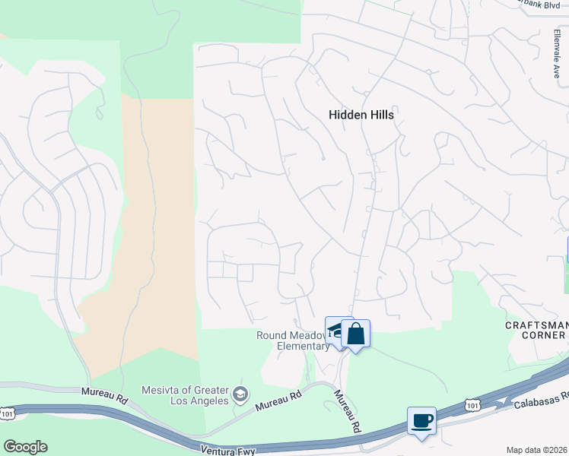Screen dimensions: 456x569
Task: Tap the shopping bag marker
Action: (x=355, y=334)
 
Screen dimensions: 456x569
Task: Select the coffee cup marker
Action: (x=421, y=420)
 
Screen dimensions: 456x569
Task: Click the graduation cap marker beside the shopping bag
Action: (x=335, y=330)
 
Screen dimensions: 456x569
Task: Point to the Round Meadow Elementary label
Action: (x=292, y=340)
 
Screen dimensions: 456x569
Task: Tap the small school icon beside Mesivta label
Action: (x=240, y=394)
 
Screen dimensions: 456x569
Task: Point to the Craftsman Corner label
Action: (x=536, y=331)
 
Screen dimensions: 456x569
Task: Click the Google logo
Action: (x=25, y=447)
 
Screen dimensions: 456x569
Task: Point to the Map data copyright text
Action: (x=537, y=449)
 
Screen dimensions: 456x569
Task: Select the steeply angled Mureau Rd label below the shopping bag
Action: (x=347, y=411)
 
